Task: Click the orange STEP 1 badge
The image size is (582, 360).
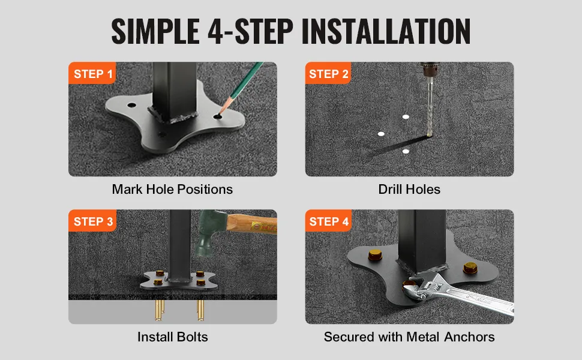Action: click(x=92, y=73)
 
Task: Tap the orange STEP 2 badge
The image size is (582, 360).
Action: click(x=328, y=73)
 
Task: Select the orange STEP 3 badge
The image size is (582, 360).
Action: click(x=93, y=221)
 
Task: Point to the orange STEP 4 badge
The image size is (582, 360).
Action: click(x=329, y=221)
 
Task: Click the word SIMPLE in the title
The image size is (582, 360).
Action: click(x=155, y=31)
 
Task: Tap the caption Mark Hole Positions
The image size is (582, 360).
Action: click(x=172, y=189)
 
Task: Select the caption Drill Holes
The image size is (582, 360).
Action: click(x=409, y=189)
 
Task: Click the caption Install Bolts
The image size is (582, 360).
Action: click(x=173, y=337)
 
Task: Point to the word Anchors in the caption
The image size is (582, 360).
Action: click(x=469, y=337)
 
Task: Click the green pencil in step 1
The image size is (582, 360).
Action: click(x=241, y=88)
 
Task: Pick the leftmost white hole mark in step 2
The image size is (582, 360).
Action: click(x=381, y=134)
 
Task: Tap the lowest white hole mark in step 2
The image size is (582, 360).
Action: click(x=406, y=151)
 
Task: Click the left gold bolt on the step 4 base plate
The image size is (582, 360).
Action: click(x=375, y=256)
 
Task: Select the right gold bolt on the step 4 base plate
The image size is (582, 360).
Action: click(x=470, y=268)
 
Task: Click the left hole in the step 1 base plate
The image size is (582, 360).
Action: click(x=132, y=105)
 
